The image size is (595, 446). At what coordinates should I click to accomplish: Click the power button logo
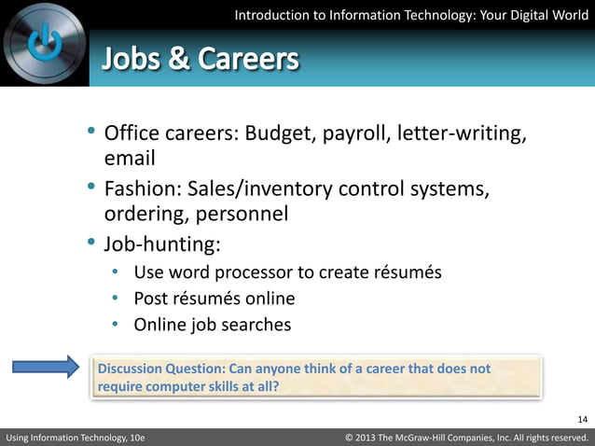[x=45, y=45]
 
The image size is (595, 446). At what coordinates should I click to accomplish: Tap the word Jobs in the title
[x=133, y=60]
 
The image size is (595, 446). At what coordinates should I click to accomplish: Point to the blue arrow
[x=47, y=367]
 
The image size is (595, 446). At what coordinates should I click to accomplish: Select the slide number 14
[x=583, y=418]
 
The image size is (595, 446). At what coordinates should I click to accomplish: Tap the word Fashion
[x=140, y=189]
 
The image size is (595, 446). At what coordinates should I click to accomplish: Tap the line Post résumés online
[x=214, y=299]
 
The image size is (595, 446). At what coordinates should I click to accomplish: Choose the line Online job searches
[x=213, y=325]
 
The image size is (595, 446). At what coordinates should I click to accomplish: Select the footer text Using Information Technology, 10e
[x=76, y=437]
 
